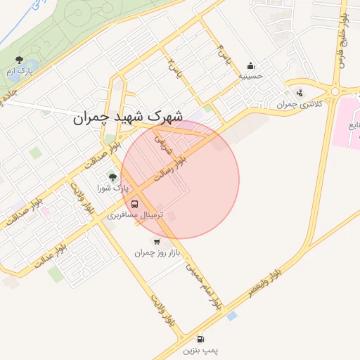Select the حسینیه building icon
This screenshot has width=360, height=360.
[251, 65]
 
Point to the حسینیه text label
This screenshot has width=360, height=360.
[251, 75]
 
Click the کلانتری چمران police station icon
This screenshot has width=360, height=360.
[300, 93]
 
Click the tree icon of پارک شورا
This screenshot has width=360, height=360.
[112, 177]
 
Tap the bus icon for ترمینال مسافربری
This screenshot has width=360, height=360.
[134, 205]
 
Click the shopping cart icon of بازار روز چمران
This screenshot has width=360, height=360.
[156, 241]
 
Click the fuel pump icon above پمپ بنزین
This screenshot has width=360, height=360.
[202, 338]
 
